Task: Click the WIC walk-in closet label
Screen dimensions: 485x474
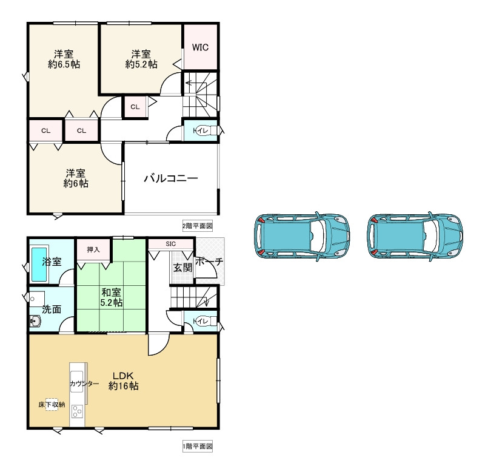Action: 200,47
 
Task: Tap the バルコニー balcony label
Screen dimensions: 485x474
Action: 171,178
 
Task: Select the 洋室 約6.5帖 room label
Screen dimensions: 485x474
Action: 64,59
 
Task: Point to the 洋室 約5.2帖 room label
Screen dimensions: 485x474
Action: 141,59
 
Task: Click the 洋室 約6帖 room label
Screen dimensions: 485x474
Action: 76,178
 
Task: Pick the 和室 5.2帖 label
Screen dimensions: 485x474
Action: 112,297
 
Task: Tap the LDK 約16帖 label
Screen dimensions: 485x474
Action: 123,381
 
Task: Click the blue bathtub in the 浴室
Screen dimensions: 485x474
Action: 39,263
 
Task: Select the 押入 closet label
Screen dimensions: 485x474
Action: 93,249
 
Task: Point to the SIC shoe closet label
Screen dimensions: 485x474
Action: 170,244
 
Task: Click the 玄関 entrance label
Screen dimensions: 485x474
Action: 182,268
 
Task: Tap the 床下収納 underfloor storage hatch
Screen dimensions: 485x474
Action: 52,404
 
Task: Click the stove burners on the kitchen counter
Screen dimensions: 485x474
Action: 77,411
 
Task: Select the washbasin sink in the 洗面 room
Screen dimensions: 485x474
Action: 35,321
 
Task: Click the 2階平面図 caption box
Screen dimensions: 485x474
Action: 198,226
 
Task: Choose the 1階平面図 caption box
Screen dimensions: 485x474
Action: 198,447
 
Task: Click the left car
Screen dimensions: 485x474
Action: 302,237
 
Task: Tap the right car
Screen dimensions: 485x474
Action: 415,237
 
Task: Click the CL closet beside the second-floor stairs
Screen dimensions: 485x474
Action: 135,107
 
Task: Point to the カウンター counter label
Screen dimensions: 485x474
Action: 84,384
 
